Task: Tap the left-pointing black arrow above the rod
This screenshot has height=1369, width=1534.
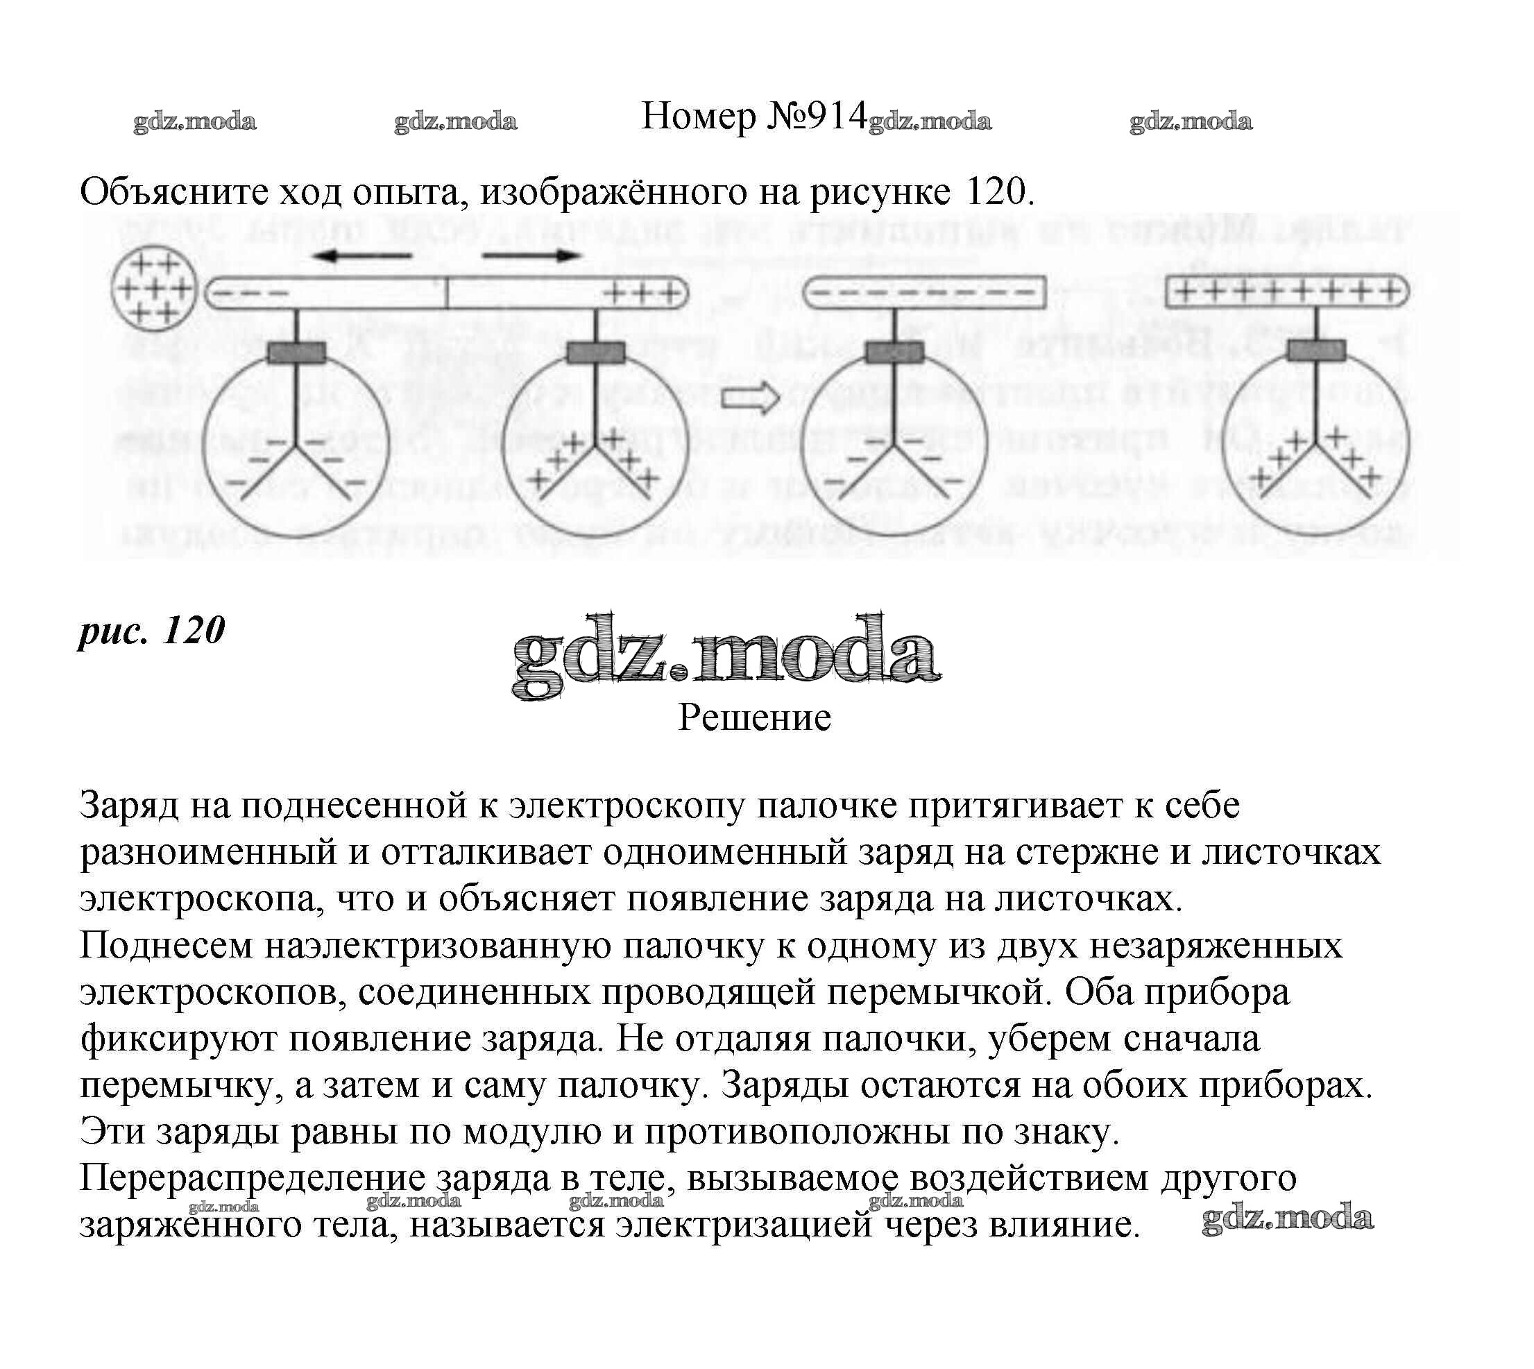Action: (363, 256)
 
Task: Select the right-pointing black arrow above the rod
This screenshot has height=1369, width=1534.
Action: (531, 256)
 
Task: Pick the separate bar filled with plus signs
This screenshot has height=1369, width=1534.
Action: (1288, 292)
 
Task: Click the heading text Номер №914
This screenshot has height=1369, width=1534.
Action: (754, 117)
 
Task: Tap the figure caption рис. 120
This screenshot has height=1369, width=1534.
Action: (152, 630)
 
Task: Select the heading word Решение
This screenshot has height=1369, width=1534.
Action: (754, 717)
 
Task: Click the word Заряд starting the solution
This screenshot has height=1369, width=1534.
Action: (128, 806)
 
